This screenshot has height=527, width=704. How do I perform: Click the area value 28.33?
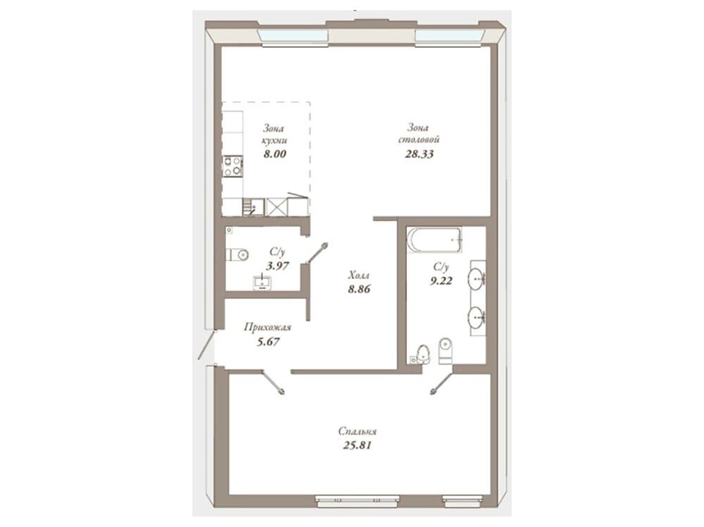[419, 154]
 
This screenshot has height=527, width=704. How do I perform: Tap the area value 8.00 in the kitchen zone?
[275, 154]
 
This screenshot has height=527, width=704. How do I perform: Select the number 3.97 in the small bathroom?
[277, 266]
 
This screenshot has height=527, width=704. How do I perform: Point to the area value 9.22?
[441, 281]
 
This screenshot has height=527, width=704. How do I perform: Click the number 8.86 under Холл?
[359, 289]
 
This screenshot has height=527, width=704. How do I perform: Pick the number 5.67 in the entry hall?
[268, 342]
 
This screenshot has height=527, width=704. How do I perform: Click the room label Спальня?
[358, 432]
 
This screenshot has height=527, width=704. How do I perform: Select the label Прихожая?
[268, 327]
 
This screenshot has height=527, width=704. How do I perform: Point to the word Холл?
[359, 275]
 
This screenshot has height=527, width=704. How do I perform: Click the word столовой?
[419, 139]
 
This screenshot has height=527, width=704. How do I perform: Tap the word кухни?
[275, 140]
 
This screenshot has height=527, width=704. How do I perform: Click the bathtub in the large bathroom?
[434, 240]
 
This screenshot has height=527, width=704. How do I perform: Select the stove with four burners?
[233, 166]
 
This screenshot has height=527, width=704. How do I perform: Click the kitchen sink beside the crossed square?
[253, 207]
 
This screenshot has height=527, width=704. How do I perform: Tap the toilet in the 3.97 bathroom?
[237, 255]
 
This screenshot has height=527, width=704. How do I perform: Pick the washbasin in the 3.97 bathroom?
[262, 282]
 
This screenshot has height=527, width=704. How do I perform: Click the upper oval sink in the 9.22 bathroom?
[477, 279]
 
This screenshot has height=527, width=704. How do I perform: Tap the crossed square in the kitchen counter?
[277, 207]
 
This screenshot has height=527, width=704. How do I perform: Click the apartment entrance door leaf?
[206, 345]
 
